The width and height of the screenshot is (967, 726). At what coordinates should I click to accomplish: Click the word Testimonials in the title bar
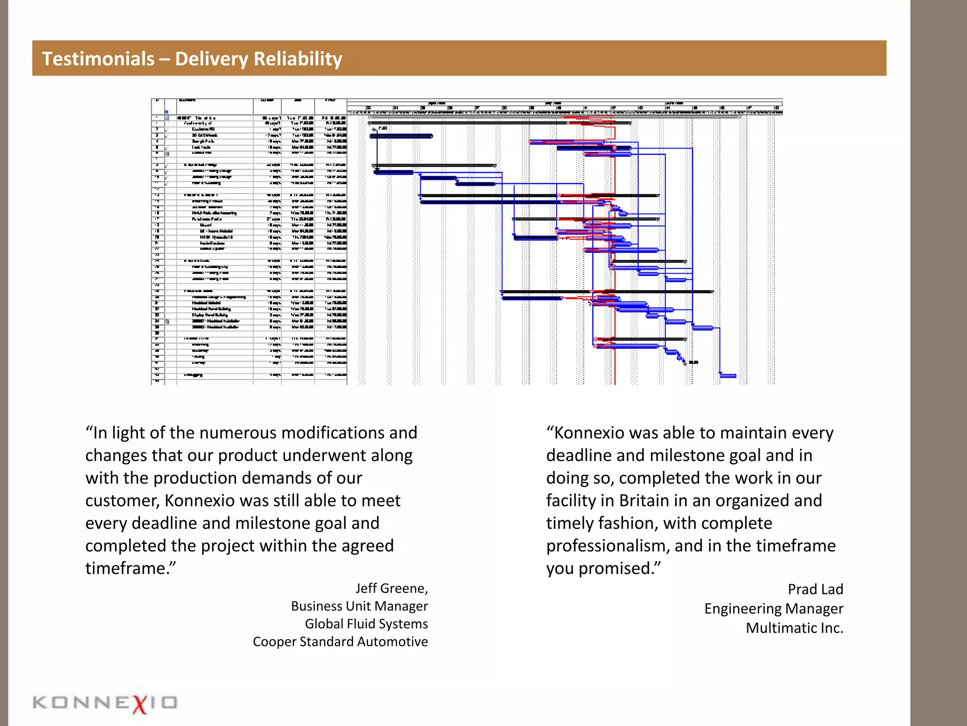98,59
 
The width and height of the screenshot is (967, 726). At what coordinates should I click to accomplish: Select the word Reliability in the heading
297,59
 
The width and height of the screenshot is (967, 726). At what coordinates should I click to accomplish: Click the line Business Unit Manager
359,606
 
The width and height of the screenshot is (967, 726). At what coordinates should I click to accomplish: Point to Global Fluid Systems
366,624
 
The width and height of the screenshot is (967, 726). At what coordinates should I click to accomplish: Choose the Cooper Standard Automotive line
340,642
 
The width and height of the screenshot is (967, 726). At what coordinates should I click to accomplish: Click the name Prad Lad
815,589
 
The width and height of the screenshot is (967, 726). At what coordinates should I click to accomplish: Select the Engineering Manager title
773,609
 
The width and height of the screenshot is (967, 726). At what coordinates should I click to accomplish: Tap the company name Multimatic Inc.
794,628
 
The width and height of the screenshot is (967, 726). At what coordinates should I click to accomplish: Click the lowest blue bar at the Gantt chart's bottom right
728,376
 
